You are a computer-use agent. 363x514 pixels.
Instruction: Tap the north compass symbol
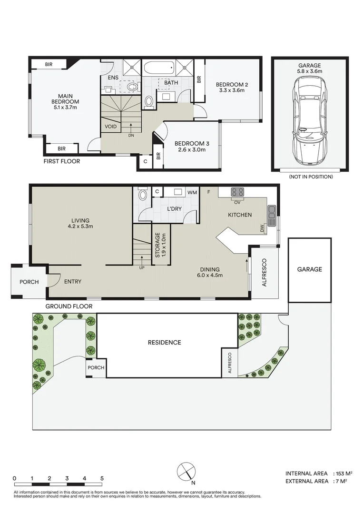[x=186, y=472]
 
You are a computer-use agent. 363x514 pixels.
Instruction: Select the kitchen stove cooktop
[x=237, y=192]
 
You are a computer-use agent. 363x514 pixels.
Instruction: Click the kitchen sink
[x=272, y=216]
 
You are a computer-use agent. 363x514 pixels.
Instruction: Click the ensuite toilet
[x=132, y=87]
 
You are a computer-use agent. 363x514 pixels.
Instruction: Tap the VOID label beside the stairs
[x=111, y=127]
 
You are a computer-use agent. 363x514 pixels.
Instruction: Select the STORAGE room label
[x=157, y=245]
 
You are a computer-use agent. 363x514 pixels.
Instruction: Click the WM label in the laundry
[x=192, y=192]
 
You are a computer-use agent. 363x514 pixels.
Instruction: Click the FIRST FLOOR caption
[x=62, y=161]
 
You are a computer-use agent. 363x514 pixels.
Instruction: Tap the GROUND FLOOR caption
[x=69, y=306]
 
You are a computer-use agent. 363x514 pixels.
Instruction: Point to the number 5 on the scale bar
[x=102, y=478]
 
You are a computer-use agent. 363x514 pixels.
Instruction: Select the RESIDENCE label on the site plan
[x=165, y=343]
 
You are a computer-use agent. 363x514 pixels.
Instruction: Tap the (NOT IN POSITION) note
[x=311, y=177]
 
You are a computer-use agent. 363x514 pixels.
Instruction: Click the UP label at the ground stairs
[x=142, y=267]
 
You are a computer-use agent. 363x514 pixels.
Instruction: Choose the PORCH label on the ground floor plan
[x=29, y=282]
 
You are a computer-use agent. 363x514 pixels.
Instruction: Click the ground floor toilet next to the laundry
[x=143, y=194]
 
